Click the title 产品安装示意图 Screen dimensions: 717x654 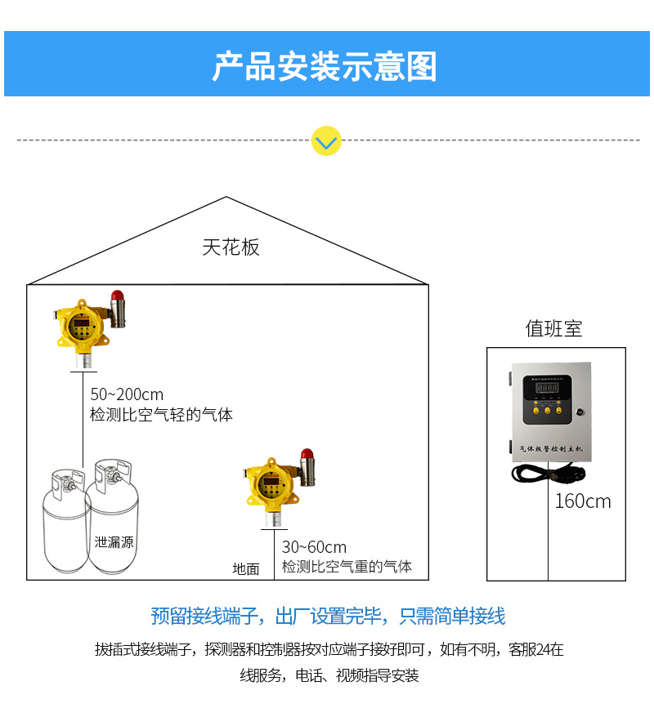point(325,66)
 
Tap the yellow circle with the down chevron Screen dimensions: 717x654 point(326,141)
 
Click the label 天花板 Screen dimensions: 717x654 point(231,247)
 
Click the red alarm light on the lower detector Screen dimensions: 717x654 point(307,454)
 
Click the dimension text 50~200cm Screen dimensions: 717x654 point(127,394)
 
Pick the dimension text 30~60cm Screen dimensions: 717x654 point(314,547)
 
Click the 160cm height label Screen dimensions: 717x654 point(583,501)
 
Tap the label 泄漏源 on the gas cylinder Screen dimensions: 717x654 point(114,541)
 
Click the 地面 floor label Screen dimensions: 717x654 point(246,569)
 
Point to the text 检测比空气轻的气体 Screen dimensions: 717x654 point(161,415)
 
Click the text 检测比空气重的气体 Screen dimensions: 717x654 point(347,566)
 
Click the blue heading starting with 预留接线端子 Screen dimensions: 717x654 point(328,616)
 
